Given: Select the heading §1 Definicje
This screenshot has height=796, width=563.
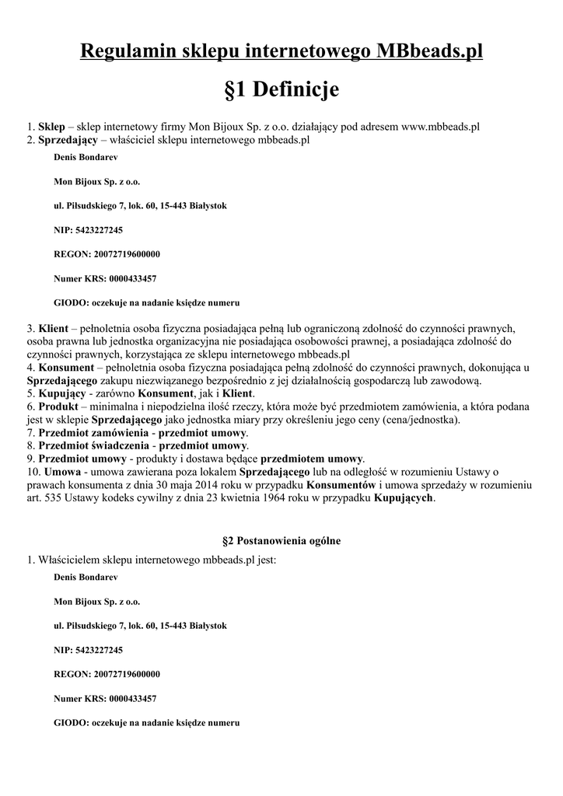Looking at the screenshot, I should [281, 90].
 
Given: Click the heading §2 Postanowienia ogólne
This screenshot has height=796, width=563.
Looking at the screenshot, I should [281, 539].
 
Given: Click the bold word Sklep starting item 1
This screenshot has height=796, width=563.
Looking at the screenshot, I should [51, 126].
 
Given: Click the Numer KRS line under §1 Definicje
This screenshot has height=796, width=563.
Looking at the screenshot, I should [105, 278].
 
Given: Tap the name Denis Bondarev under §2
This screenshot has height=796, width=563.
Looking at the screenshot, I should [84, 578].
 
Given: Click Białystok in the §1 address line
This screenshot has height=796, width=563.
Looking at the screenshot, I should [208, 206].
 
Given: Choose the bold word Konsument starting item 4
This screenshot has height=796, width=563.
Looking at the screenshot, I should [67, 368].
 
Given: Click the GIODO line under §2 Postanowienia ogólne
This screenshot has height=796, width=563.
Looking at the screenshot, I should [146, 722].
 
